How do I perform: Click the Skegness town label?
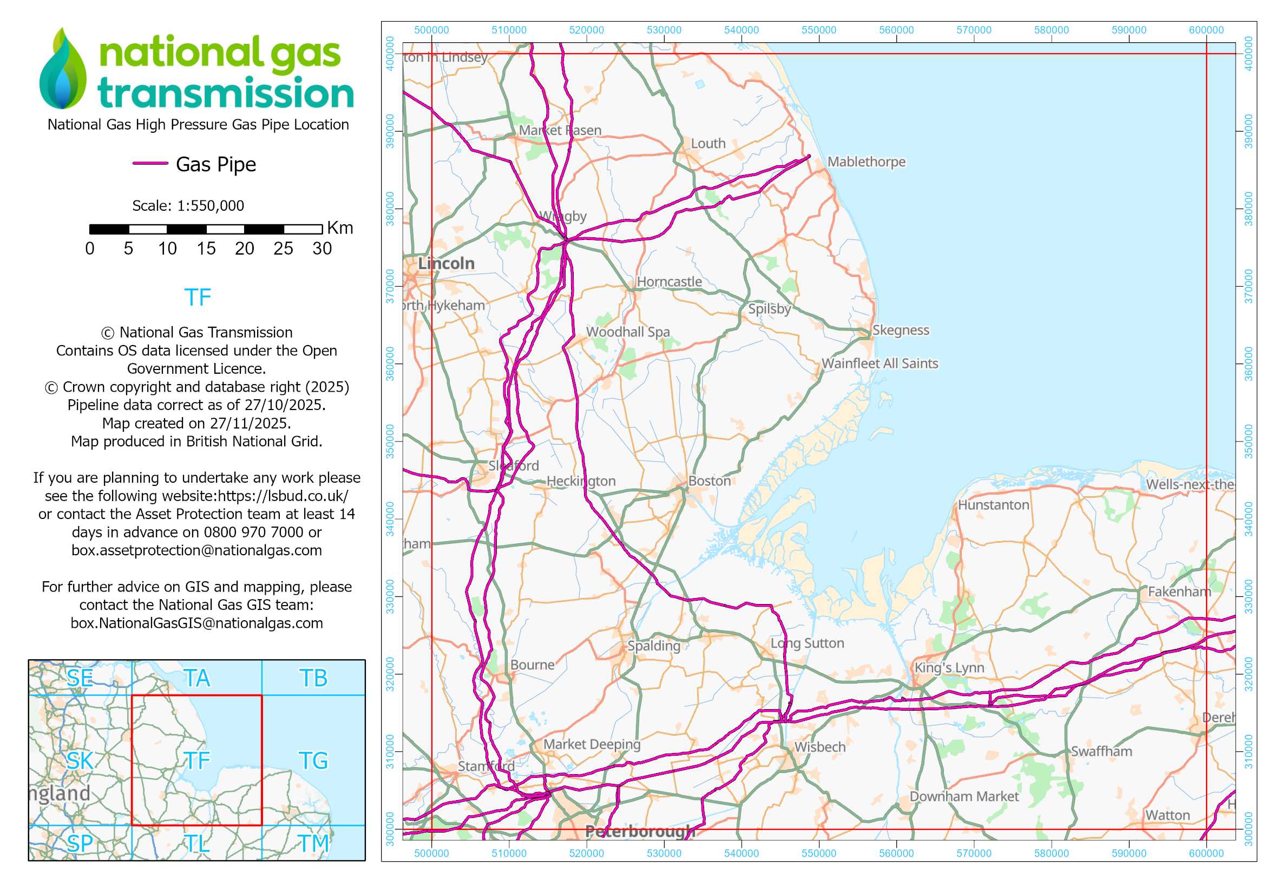point(901,330)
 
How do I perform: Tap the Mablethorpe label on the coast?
point(866,161)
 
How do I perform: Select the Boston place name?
point(709,481)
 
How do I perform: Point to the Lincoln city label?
point(446,263)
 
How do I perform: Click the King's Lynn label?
point(949,667)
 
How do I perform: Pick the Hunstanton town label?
point(993,505)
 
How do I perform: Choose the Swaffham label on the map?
point(1101,751)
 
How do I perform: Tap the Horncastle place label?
point(670,281)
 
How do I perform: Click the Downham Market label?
point(964,796)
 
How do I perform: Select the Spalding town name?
point(654,646)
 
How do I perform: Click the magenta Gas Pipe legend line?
point(150,163)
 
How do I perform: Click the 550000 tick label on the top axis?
point(818,30)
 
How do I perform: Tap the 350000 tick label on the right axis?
point(1248,441)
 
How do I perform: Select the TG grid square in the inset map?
point(313,761)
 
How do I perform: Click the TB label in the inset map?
point(313,678)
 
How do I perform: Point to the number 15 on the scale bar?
point(206,249)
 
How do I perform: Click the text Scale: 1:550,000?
point(188,206)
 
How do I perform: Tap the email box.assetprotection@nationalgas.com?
point(196,550)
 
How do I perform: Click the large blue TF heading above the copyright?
point(198,297)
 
